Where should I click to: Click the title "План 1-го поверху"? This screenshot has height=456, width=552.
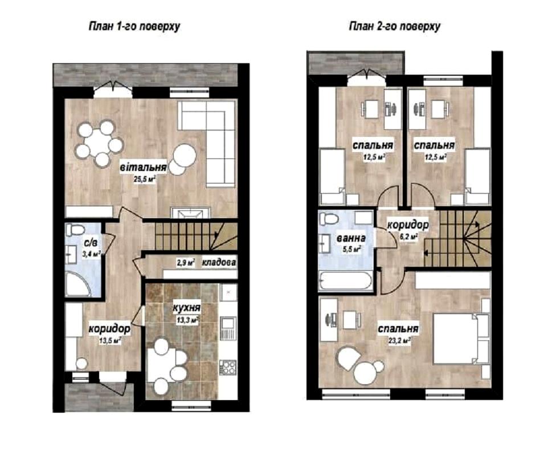134,26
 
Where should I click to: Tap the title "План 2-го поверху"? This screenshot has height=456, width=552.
395,26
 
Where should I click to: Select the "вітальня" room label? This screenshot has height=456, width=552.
144,166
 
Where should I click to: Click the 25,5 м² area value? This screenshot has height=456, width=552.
145,179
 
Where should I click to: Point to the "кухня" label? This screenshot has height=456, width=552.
187,308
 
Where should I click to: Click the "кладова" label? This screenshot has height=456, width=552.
219,262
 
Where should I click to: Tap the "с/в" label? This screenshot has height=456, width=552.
89,243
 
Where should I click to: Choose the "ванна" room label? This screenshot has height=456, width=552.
351,238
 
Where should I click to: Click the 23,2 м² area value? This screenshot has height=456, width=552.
398,341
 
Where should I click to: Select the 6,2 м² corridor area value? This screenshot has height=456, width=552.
408,237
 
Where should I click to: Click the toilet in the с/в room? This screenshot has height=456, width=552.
74,230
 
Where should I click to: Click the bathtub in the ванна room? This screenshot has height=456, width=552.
345,281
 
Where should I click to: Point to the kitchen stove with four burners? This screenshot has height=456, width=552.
228,367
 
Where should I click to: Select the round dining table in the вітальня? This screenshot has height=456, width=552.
98,143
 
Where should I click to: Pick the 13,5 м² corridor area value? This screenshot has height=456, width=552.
110,340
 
